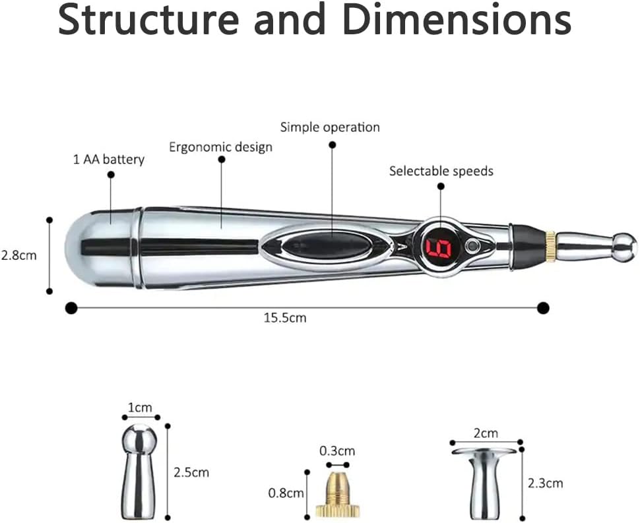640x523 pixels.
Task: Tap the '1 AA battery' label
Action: click(x=109, y=159)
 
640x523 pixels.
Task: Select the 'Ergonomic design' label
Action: click(x=220, y=146)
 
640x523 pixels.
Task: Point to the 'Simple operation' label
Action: click(x=330, y=127)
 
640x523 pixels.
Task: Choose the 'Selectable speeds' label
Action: click(x=441, y=171)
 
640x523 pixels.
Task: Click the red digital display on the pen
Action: click(x=437, y=247)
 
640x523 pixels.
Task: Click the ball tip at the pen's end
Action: click(x=624, y=246)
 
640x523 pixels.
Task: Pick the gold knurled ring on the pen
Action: click(x=550, y=247)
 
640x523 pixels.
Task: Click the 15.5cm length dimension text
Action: click(x=285, y=318)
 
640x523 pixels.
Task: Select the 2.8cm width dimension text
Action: click(x=18, y=255)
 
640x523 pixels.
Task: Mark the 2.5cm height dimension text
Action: click(x=191, y=472)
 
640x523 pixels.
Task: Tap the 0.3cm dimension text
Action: click(x=336, y=451)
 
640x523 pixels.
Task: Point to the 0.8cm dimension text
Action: click(x=286, y=493)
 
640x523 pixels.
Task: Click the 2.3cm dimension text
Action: click(x=545, y=483)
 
